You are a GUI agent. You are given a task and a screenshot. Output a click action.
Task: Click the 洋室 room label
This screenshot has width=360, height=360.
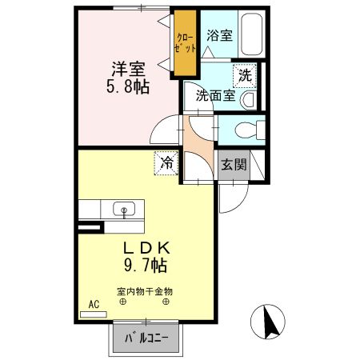click(x=128, y=69)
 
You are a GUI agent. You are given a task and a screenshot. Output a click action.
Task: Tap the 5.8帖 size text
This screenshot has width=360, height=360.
click(x=128, y=86)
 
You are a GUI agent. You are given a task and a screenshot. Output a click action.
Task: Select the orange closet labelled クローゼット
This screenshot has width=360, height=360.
click(x=185, y=43)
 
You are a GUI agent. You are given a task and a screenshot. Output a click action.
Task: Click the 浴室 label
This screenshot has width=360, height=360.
click(x=219, y=35)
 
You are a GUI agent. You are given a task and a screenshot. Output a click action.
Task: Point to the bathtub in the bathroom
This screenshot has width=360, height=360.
click(x=251, y=34)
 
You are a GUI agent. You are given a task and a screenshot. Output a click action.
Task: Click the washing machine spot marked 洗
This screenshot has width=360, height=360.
click(x=245, y=76)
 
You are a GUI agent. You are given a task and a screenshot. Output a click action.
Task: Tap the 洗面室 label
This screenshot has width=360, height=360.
click(x=215, y=95)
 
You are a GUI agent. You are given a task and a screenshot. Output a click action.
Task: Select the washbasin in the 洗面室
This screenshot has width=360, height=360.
click(x=249, y=100)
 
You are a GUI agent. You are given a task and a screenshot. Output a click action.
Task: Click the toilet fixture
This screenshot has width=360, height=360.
click(x=250, y=130)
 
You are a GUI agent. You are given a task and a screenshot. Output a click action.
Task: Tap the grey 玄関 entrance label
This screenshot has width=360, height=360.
click(x=234, y=164)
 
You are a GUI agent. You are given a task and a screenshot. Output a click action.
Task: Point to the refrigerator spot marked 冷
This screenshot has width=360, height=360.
click(x=166, y=162)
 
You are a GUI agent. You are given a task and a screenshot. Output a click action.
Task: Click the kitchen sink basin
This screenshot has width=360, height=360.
click(x=124, y=209)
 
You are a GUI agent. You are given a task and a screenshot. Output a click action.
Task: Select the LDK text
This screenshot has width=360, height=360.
click(x=146, y=248)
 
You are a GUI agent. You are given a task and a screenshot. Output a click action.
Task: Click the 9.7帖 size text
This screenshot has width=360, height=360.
click(x=146, y=265)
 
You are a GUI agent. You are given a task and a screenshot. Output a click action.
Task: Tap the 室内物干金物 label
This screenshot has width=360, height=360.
click(x=145, y=291)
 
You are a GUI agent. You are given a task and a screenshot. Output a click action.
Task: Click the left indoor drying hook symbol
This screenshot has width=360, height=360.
click(x=122, y=302)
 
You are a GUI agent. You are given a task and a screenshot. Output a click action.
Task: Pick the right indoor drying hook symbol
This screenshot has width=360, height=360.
click(x=166, y=302)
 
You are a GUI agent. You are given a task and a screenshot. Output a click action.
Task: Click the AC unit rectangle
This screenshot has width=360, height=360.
click(x=94, y=314)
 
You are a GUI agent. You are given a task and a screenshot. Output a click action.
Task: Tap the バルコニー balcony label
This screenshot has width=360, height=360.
click(x=146, y=338)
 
